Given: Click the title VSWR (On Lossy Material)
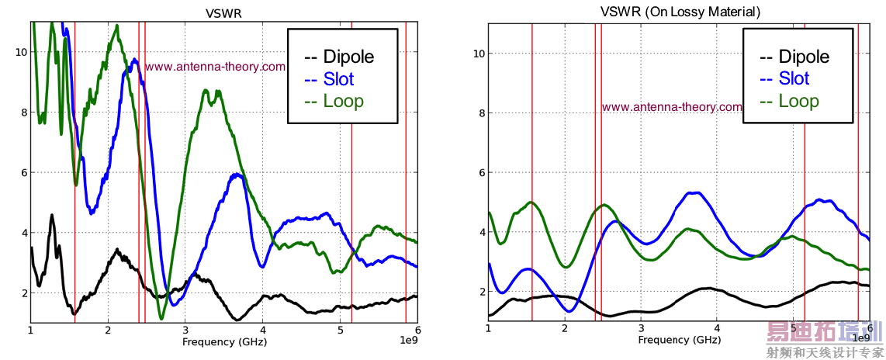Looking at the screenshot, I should pos(680,12).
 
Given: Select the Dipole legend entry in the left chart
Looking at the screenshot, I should pos(341,57).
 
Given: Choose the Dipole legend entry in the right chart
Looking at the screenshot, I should pos(797,57).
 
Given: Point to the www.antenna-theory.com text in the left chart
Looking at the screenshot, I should pos(216,67).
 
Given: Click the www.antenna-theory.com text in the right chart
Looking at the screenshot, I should pos(672,107).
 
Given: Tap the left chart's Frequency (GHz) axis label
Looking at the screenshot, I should pos(223,341).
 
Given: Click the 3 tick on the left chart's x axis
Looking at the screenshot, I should pos(185,330).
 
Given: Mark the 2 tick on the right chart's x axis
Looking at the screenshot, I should pos(564,329).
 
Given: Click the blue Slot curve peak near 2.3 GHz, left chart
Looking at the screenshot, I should pos(134,60).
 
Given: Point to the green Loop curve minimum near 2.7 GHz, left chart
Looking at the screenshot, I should pos(161,318).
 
